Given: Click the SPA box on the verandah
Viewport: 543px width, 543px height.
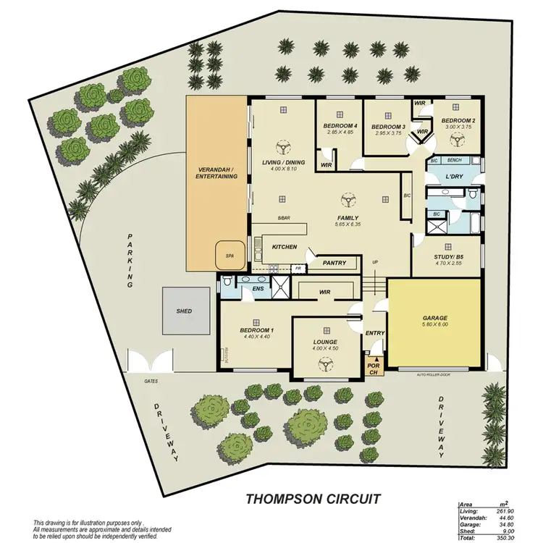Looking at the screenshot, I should (229, 255).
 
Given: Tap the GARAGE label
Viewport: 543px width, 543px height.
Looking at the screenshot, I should (434, 318).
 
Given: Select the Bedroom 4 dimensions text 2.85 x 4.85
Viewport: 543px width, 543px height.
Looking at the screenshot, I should (339, 132).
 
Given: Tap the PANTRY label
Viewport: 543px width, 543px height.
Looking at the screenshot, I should (333, 263).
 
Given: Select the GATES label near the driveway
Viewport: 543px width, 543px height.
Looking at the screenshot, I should (130, 380).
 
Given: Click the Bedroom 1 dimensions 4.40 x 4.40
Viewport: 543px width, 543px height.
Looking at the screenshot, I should (255, 336).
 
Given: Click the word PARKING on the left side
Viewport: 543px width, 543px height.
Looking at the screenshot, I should (131, 261).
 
